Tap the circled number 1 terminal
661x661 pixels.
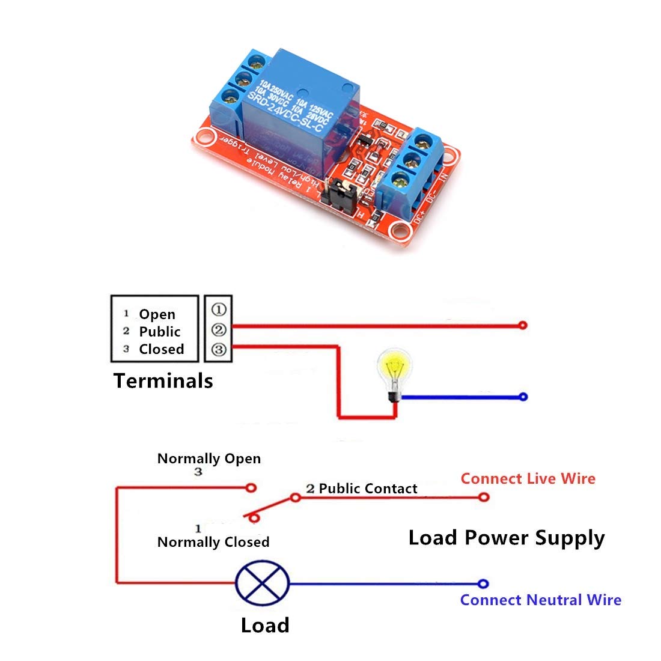coord(219,309)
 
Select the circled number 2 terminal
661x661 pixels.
coord(219,329)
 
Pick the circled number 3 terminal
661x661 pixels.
coord(219,349)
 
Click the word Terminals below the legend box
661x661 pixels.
coord(163,381)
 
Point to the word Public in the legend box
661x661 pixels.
coord(159,332)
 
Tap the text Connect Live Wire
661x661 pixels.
coord(528,479)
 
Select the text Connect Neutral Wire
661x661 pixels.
coord(540,600)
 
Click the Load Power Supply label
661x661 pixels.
coord(506,538)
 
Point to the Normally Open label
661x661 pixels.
coord(209,458)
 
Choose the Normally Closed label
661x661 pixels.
coord(213,542)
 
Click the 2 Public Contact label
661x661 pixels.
coord(362,489)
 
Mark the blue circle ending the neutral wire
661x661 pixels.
coord(483,583)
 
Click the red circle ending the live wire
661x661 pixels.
coord(483,498)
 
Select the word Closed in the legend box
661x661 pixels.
coord(161,349)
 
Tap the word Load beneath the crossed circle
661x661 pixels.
coord(265,626)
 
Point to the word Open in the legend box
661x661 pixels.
coord(157,314)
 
